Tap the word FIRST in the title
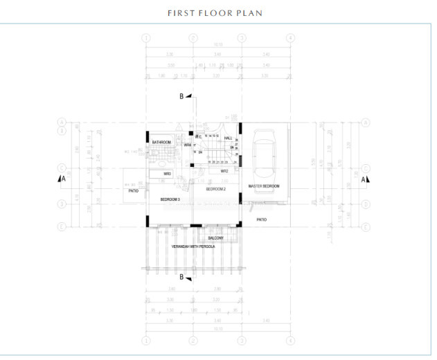tap(179, 13)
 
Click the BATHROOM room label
tap(162, 143)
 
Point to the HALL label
tap(228, 138)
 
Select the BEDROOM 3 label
tap(170, 199)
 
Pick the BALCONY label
tap(215, 238)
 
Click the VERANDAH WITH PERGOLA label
tap(194, 246)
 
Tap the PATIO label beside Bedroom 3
tap(134, 190)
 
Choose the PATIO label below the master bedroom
tap(262, 219)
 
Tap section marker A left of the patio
tap(63, 179)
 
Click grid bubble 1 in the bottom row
tap(145, 340)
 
